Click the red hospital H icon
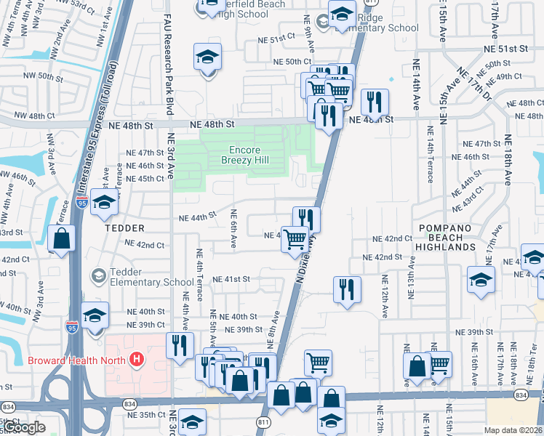pyautogui.click(x=135, y=359)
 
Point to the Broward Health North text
pyautogui.click(x=76, y=360)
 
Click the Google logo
pyautogui.click(x=24, y=427)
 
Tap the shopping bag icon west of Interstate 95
pyautogui.click(x=62, y=238)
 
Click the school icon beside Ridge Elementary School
pyautogui.click(x=342, y=15)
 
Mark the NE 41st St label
pyautogui.click(x=231, y=279)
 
